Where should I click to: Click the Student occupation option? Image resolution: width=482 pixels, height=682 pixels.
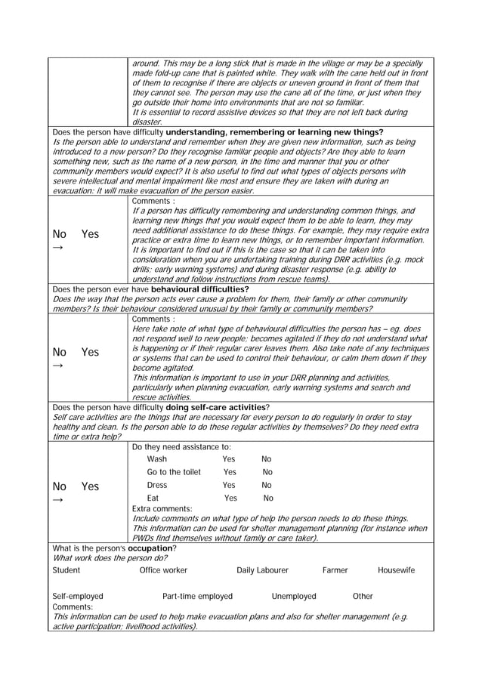(x=66, y=570)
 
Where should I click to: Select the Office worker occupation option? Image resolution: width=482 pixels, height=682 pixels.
(x=164, y=570)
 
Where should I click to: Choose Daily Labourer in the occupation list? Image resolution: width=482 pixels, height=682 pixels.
(x=262, y=570)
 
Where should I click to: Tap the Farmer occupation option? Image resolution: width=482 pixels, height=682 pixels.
(x=335, y=570)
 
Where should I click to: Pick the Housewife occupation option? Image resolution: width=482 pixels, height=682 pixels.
(x=396, y=570)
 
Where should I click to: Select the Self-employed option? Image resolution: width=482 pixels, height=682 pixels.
(x=78, y=596)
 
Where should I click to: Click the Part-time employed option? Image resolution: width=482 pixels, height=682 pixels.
(x=198, y=596)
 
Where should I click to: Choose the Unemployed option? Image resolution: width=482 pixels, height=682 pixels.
(x=294, y=596)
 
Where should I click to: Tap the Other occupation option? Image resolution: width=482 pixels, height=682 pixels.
(x=363, y=596)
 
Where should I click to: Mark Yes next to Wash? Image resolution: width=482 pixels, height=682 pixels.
(x=229, y=459)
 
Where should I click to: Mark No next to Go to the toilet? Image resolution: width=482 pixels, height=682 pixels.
(x=267, y=472)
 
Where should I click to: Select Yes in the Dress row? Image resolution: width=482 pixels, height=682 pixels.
(x=229, y=485)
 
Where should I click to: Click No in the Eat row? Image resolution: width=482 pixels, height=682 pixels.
(x=267, y=498)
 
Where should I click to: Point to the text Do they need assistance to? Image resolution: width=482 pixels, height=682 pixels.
(x=181, y=446)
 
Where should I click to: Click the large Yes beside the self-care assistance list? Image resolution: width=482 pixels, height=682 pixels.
(x=90, y=486)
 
